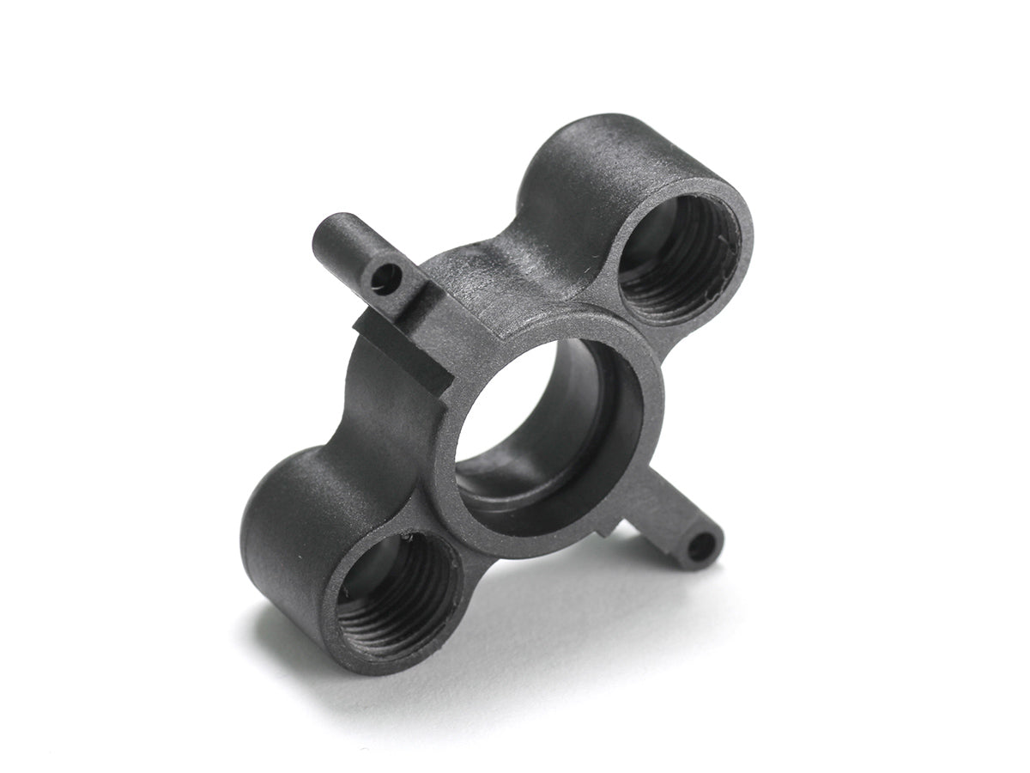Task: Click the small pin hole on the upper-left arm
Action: (x=385, y=277)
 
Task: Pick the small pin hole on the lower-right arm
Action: (x=701, y=546)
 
